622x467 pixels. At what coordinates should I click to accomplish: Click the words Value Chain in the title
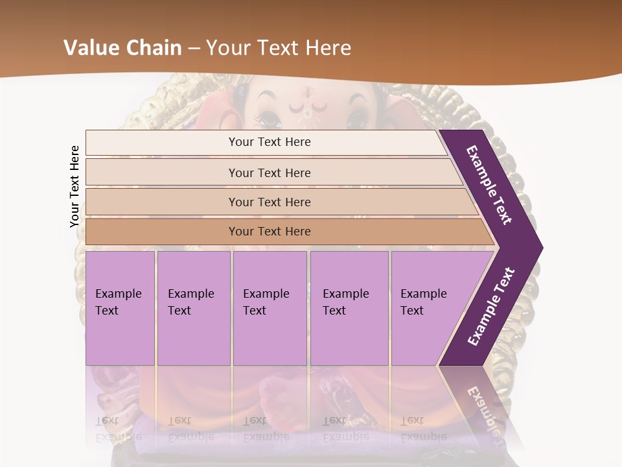click(123, 48)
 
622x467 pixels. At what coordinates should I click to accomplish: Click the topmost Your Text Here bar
click(270, 142)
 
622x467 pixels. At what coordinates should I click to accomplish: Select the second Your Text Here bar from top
click(270, 173)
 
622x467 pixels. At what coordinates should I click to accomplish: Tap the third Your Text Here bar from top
click(270, 202)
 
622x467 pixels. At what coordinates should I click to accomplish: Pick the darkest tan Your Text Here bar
click(270, 232)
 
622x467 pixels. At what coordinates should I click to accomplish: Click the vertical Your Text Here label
click(75, 187)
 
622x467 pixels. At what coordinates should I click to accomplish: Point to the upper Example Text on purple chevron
click(489, 185)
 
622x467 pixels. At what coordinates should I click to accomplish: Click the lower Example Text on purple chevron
click(491, 306)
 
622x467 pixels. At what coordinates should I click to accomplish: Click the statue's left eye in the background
click(267, 119)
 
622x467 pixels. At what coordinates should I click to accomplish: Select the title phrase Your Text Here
click(279, 48)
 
